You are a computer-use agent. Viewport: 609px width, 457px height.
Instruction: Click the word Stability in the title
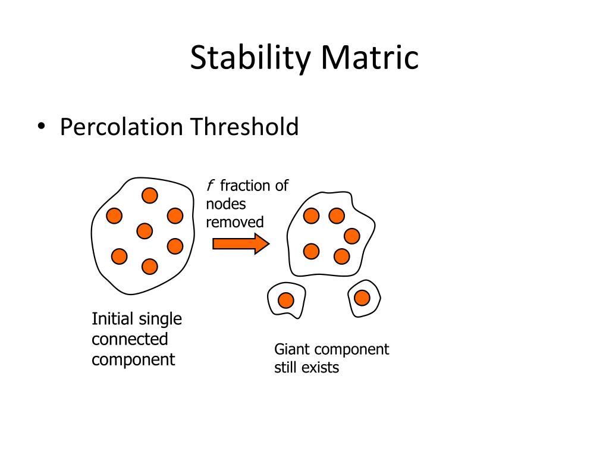click(x=250, y=58)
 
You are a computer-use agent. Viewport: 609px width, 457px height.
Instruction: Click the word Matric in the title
click(x=369, y=58)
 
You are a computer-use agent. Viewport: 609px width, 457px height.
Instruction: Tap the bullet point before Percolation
click(x=41, y=127)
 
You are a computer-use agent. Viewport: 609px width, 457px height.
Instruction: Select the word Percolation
click(x=121, y=127)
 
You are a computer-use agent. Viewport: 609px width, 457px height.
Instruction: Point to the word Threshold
click(x=244, y=127)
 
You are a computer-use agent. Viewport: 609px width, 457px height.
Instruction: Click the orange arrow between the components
click(x=241, y=244)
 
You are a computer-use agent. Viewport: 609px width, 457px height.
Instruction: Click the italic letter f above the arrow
click(x=210, y=186)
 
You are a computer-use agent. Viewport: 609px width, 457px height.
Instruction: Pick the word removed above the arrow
click(x=234, y=223)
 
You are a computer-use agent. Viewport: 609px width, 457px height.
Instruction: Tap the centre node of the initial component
click(x=145, y=231)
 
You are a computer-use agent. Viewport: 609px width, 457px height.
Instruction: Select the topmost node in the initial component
click(x=149, y=195)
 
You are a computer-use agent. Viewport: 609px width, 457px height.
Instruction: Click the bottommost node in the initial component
click(x=149, y=267)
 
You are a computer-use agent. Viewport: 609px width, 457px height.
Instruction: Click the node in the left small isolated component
click(x=286, y=301)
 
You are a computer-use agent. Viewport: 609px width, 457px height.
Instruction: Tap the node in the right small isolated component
click(x=362, y=298)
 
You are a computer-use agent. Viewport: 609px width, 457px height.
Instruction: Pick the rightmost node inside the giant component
click(x=352, y=236)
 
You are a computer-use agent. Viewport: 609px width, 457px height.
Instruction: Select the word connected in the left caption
click(x=130, y=339)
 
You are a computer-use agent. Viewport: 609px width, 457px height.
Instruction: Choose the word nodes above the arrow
click(x=225, y=205)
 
